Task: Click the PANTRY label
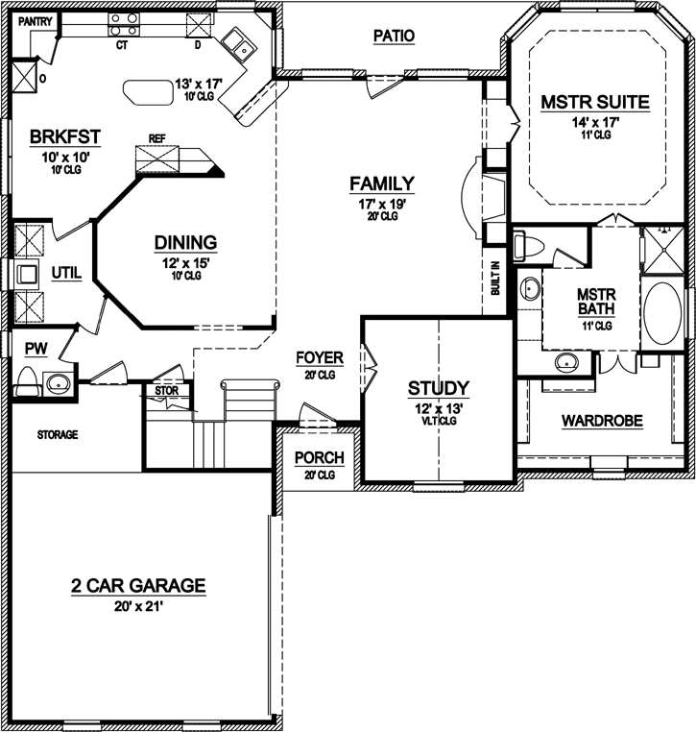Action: [34, 18]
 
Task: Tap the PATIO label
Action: [393, 36]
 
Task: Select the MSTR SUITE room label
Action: [595, 102]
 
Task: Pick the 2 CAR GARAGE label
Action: [138, 585]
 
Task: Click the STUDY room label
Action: [438, 388]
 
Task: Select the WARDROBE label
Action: [602, 421]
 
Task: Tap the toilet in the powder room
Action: [29, 381]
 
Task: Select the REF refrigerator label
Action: [156, 138]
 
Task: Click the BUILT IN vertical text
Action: [495, 279]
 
